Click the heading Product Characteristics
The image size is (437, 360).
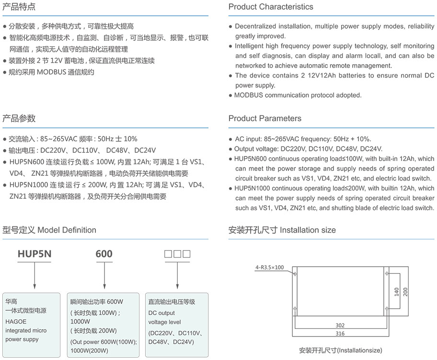point(271,7)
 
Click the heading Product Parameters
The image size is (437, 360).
point(265,118)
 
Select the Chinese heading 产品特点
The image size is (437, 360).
point(19,7)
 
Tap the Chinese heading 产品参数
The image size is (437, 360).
point(19,118)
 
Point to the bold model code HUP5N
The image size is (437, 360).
point(34,253)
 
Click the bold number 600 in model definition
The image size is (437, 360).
point(104,253)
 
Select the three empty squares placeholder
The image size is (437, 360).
point(177,253)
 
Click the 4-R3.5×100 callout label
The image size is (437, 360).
point(269,267)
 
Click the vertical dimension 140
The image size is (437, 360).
point(396,292)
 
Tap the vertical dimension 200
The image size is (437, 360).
point(405,292)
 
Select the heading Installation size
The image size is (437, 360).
point(308,230)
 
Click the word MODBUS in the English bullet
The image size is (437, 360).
point(252,95)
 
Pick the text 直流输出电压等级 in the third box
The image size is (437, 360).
point(172,302)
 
